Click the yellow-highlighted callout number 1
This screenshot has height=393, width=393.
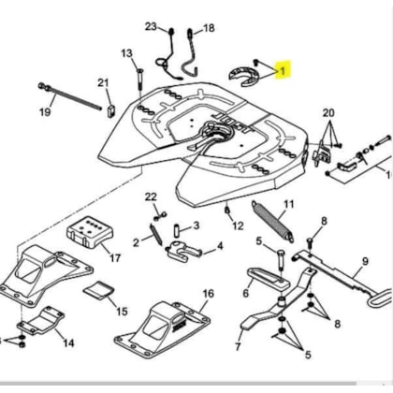tap(283, 71)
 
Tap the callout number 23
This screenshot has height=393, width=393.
tap(151, 26)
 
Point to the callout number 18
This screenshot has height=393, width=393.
tap(209, 28)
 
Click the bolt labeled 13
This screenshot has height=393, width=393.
tap(139, 80)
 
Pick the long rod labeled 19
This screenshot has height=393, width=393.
tap(70, 95)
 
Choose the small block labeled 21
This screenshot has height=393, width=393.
tap(111, 111)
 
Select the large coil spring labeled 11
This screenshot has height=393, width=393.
tap(272, 222)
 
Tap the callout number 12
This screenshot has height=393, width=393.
tap(238, 226)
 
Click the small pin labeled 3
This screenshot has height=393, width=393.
tap(177, 232)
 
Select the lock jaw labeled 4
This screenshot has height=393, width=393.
tap(183, 250)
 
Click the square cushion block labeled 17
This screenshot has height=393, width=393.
tap(90, 232)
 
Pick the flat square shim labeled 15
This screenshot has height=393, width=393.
tap(98, 291)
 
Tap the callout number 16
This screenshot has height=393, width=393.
tap(209, 294)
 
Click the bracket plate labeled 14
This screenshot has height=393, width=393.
tap(41, 320)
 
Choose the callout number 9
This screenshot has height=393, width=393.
tap(365, 262)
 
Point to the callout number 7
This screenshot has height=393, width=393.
tap(238, 346)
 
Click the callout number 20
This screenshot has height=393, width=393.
tap(328, 113)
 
